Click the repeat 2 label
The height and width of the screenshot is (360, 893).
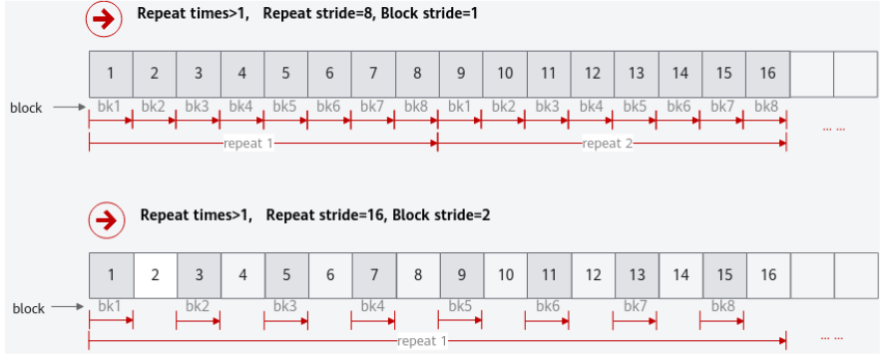pyautogui.click(x=607, y=144)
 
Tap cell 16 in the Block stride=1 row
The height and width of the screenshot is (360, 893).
pyautogui.click(x=767, y=74)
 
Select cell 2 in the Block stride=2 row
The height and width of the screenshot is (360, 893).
pyautogui.click(x=155, y=275)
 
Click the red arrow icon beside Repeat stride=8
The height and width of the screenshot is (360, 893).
pyautogui.click(x=104, y=20)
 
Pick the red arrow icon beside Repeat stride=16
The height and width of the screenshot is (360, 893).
pyautogui.click(x=107, y=220)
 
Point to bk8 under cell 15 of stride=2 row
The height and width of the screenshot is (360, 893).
pyautogui.click(x=722, y=306)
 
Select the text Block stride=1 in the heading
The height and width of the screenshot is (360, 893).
pyautogui.click(x=429, y=14)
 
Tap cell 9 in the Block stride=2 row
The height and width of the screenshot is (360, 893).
pyautogui.click(x=461, y=275)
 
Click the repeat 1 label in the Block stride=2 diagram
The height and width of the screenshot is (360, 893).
pyautogui.click(x=423, y=342)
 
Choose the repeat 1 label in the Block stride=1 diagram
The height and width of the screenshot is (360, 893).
pyautogui.click(x=248, y=144)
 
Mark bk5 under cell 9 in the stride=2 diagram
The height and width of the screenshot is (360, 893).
pyautogui.click(x=460, y=306)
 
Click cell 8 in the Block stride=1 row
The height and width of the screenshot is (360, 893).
pyautogui.click(x=417, y=74)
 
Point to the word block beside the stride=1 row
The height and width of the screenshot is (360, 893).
pyautogui.click(x=26, y=108)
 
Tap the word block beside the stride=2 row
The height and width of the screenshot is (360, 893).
pyautogui.click(x=29, y=309)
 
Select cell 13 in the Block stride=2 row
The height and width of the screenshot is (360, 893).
pyautogui.click(x=637, y=275)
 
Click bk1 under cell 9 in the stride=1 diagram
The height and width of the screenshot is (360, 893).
pyautogui.click(x=460, y=106)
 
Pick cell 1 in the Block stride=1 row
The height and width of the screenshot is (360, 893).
pyautogui.click(x=111, y=74)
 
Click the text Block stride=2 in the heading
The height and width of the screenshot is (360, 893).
pyautogui.click(x=441, y=215)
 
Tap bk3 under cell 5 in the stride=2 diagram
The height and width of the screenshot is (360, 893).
pyautogui.click(x=285, y=306)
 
